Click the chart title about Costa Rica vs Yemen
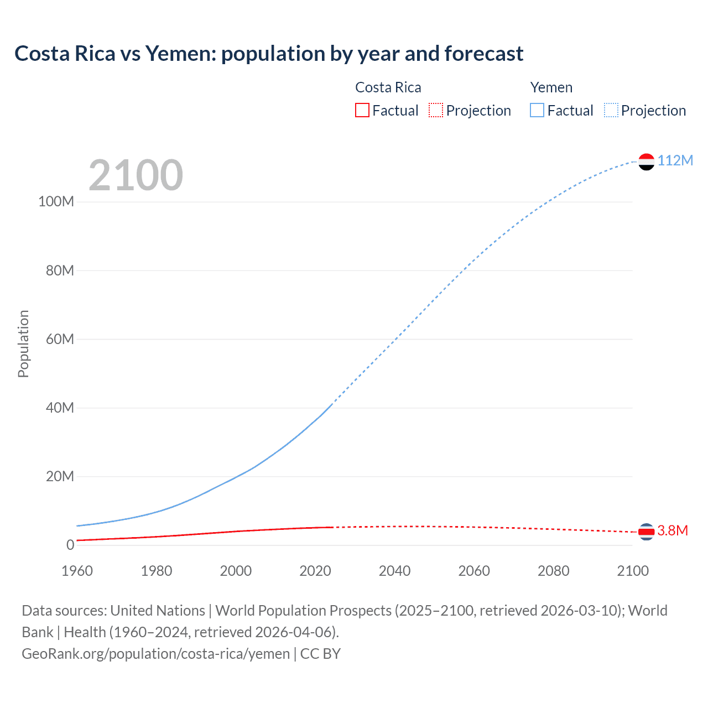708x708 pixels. pos(269,54)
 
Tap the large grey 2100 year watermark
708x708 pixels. pos(136,175)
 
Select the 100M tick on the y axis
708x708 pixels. pos(56,201)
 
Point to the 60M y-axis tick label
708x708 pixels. pos(60,339)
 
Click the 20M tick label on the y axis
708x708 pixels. pos(60,476)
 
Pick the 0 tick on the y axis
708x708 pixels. pos(70,545)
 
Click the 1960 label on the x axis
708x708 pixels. pos(77,571)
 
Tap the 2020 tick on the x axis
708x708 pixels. pos(315,571)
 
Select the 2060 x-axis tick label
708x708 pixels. pos(474,571)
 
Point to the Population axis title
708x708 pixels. pos(23,343)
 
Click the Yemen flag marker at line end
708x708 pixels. pos(646,162)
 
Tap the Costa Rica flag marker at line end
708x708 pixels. pos(646,532)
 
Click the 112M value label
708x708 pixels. pos(675,160)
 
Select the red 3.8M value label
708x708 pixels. pos(673,530)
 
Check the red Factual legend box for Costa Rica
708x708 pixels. pos(362,110)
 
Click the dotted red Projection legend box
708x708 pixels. pos(436,110)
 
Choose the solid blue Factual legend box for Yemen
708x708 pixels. pos(537,110)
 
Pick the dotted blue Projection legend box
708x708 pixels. pos(611,110)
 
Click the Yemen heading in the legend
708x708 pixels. pos(551,87)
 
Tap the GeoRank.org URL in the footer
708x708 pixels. pos(155,654)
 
